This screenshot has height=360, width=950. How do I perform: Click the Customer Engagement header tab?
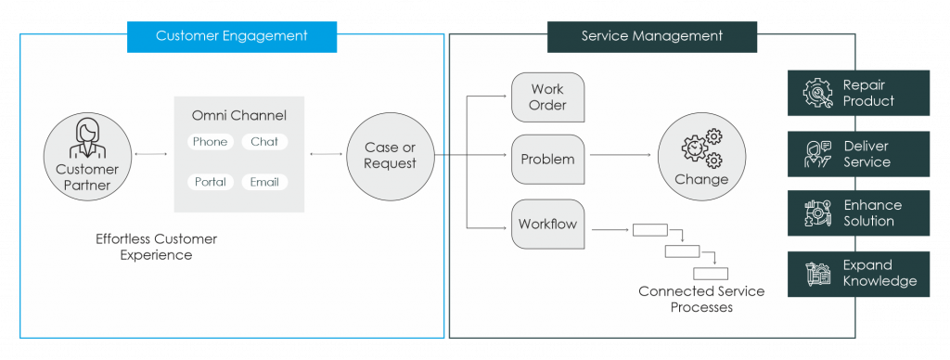(231, 36)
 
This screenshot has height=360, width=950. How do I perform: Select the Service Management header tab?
(651, 36)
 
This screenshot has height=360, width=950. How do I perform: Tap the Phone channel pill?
(210, 142)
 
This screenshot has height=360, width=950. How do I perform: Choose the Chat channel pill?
(264, 142)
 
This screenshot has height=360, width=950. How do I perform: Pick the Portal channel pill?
(210, 182)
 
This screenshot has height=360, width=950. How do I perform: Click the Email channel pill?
(264, 182)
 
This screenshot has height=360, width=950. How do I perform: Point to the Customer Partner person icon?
(87, 139)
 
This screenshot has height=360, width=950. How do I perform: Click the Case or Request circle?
(390, 156)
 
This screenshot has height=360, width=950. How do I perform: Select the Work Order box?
(547, 97)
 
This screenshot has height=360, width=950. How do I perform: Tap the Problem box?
(547, 159)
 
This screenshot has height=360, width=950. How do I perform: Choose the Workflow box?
(547, 224)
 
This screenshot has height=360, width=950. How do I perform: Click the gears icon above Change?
(701, 149)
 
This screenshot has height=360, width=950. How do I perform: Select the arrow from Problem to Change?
(621, 156)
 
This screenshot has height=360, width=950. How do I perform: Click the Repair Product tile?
(858, 93)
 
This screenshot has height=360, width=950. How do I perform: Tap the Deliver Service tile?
(858, 154)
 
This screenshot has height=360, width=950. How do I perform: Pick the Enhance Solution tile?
(858, 213)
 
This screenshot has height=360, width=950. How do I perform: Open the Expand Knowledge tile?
(858, 274)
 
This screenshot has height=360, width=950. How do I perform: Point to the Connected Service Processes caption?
(701, 299)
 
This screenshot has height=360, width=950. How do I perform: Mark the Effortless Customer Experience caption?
(156, 247)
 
